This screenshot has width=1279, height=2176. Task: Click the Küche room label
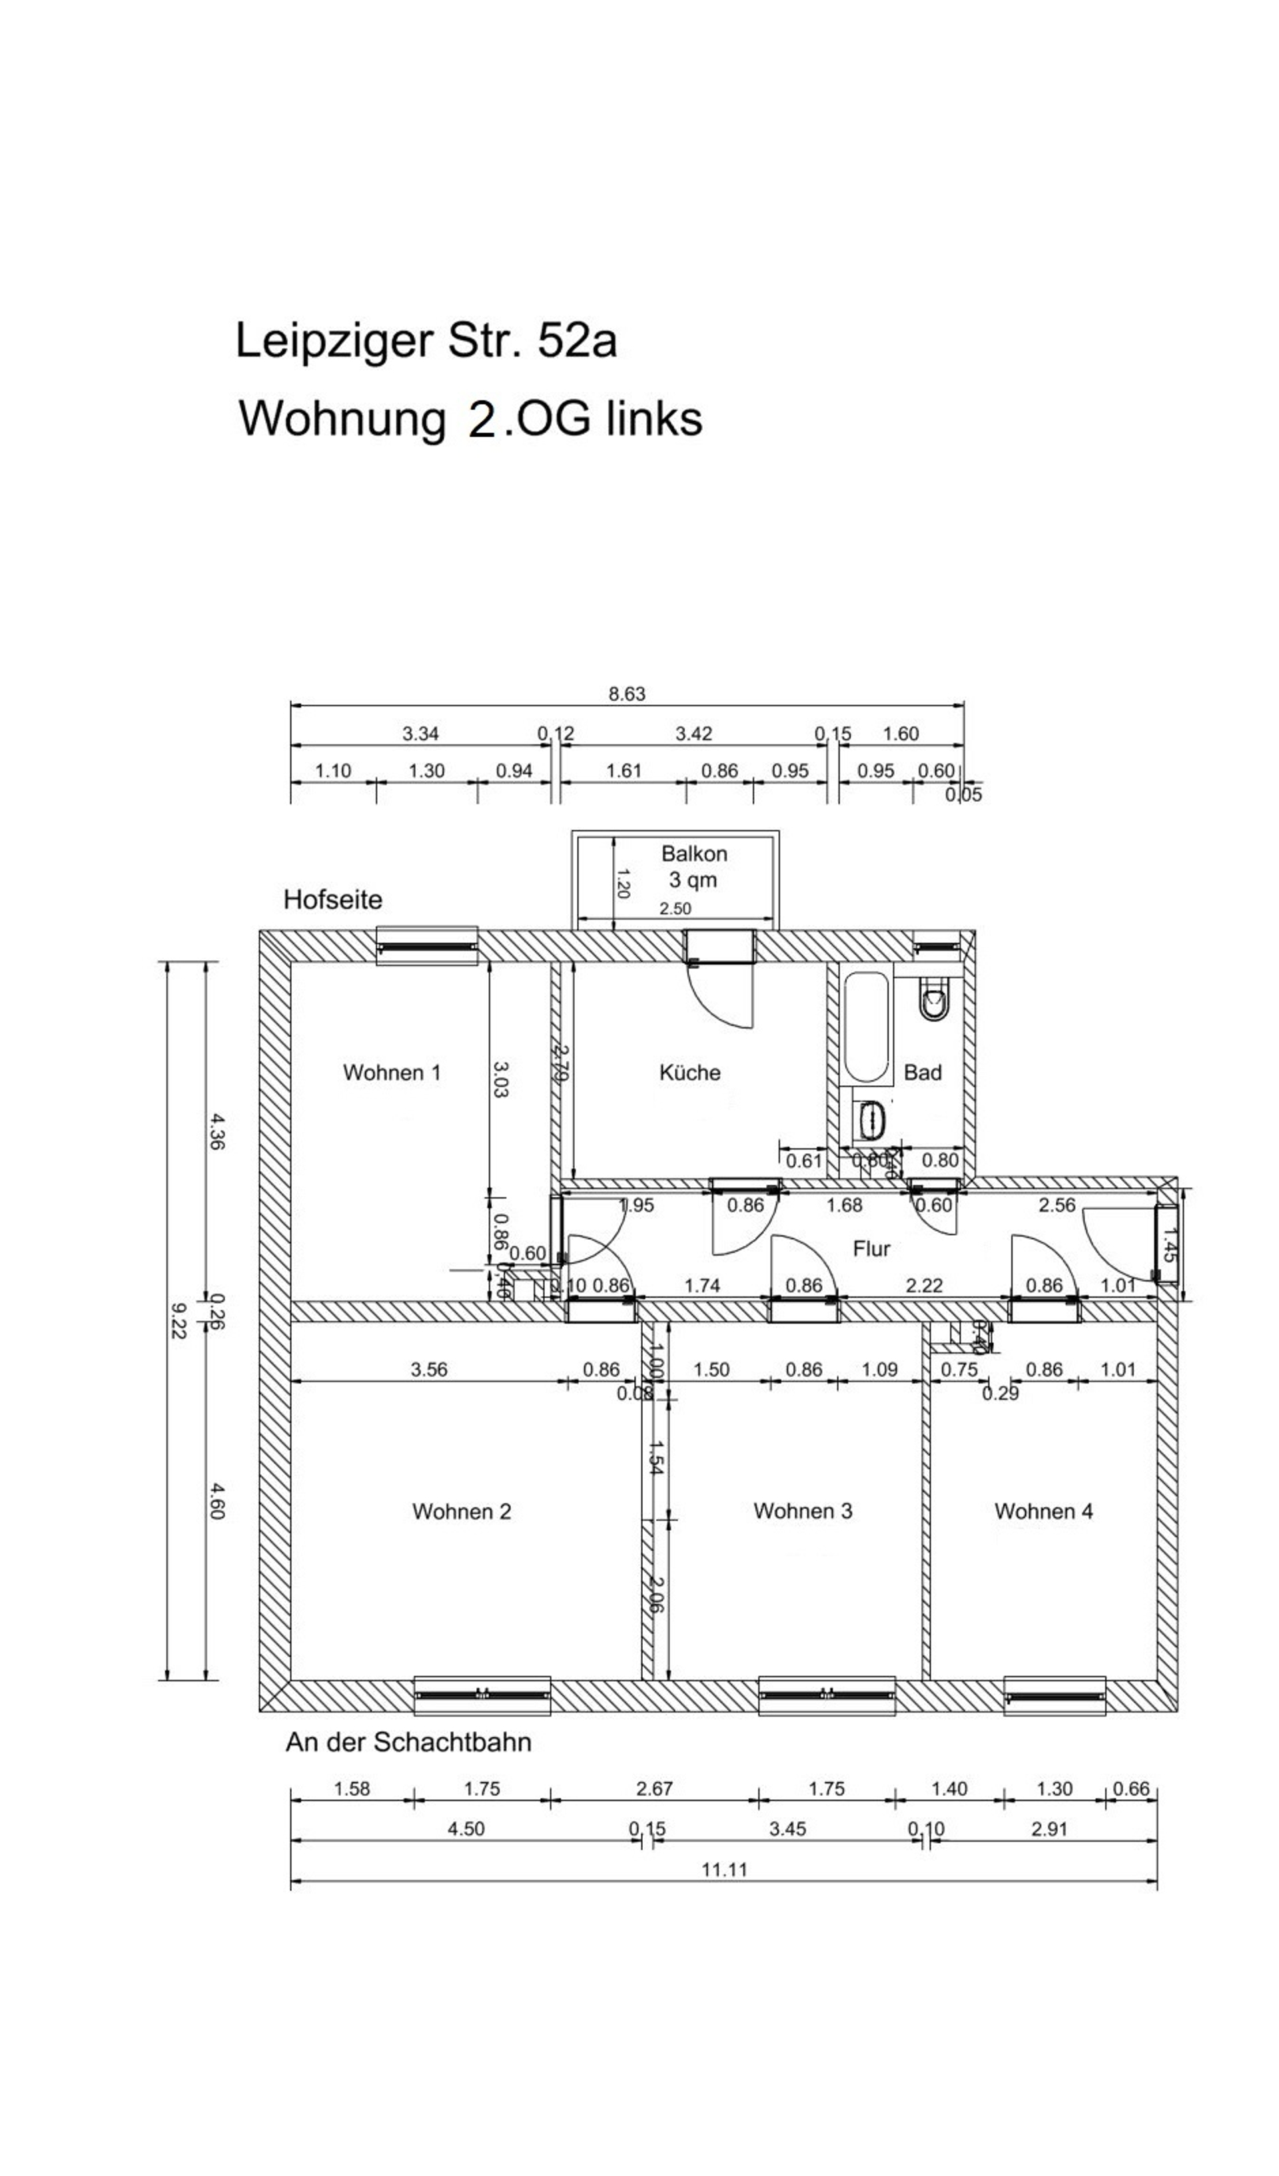(x=689, y=1073)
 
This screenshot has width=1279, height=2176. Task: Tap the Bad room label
(x=923, y=1073)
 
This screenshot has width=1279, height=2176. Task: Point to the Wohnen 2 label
(x=461, y=1511)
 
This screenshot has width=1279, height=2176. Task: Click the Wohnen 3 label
(x=802, y=1510)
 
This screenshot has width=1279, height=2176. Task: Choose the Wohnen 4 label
(x=1043, y=1510)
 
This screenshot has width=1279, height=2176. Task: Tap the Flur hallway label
(x=871, y=1248)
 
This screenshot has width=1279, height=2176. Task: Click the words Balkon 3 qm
(x=693, y=866)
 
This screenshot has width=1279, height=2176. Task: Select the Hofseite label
(x=332, y=900)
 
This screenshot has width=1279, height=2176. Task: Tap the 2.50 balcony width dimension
(x=675, y=908)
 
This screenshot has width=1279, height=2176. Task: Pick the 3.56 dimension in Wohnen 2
(x=428, y=1370)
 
